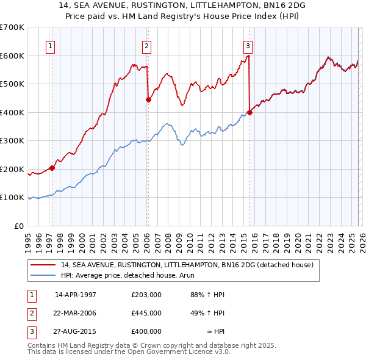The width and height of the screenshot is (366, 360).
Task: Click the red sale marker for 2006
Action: [x=148, y=100]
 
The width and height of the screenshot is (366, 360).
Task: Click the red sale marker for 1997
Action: [x=52, y=168]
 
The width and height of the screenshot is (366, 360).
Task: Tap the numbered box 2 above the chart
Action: [x=147, y=45]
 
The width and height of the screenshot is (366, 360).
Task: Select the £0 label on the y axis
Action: [x=19, y=226]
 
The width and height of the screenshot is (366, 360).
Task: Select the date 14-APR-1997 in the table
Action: [x=76, y=295]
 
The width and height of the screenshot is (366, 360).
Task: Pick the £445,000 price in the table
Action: [x=146, y=313]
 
